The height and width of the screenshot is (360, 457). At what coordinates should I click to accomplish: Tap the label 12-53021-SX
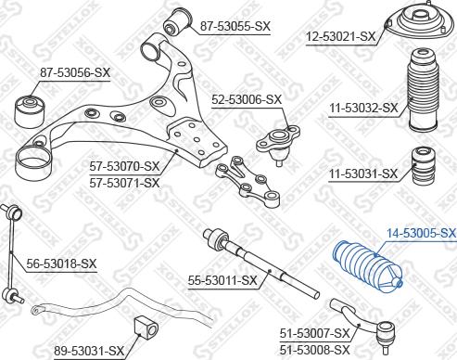click(341, 37)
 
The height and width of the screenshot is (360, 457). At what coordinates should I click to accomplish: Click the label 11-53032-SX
click(363, 108)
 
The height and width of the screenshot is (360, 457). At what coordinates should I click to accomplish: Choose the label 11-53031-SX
click(363, 174)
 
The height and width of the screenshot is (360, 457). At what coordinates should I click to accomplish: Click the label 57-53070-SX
click(125, 167)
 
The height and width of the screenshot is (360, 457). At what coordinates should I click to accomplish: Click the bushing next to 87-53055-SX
click(179, 19)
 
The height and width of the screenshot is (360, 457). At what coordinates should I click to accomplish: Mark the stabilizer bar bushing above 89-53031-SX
click(147, 327)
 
